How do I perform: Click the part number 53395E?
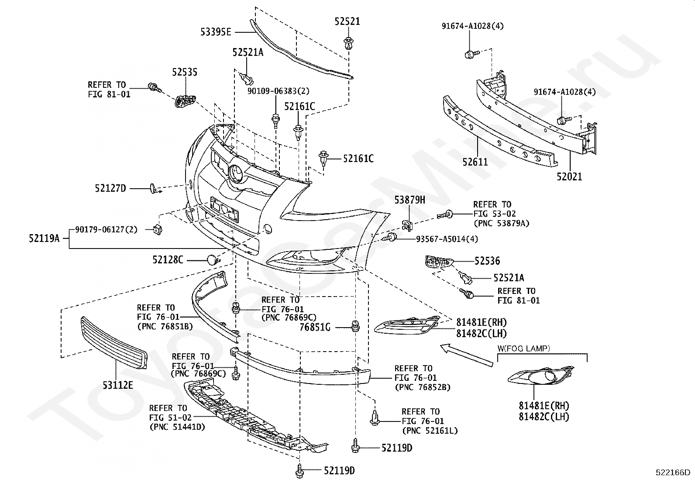tap(216, 32)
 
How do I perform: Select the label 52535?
tap(185, 72)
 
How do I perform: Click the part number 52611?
tap(475, 162)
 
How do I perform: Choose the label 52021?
tap(569, 176)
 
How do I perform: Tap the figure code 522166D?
tap(673, 472)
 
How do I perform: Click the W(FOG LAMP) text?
tap(524, 349)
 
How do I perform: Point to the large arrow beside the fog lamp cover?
tap(466, 355)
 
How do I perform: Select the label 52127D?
tap(110, 188)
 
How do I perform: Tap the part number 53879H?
tap(409, 200)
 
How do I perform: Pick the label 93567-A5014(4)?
tap(447, 239)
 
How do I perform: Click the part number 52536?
tap(487, 261)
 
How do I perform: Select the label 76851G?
tap(315, 327)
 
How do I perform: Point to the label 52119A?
tap(44, 238)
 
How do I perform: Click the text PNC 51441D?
tap(177, 427)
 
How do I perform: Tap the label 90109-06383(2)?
tap(279, 91)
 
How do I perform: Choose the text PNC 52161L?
tap(430, 431)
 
